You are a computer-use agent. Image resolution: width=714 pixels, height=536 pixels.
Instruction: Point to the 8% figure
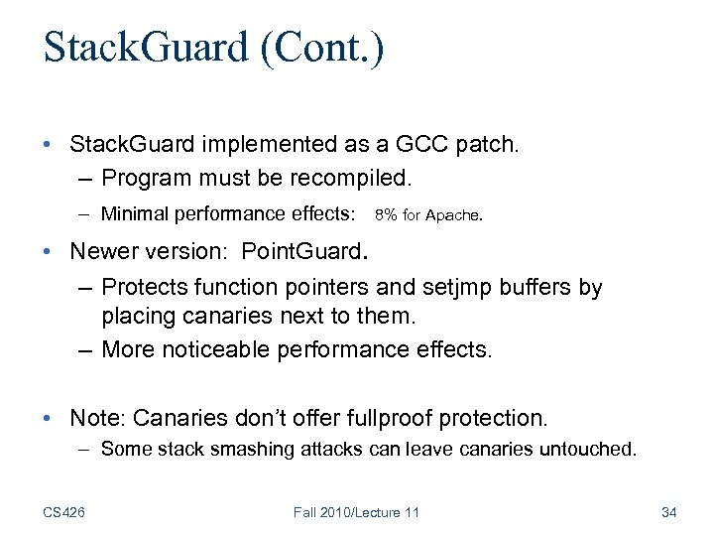pyautogui.click(x=387, y=214)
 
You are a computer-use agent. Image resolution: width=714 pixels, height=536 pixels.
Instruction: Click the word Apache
pyautogui.click(x=452, y=214)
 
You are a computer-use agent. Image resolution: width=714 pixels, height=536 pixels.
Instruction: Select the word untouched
pyautogui.click(x=585, y=449)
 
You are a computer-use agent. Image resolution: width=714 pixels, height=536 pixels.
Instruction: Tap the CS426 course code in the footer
pyautogui.click(x=63, y=511)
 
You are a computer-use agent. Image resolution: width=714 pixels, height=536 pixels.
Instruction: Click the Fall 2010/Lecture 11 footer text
pyautogui.click(x=357, y=511)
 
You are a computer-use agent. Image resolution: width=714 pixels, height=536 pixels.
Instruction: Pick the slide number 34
pyautogui.click(x=667, y=511)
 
